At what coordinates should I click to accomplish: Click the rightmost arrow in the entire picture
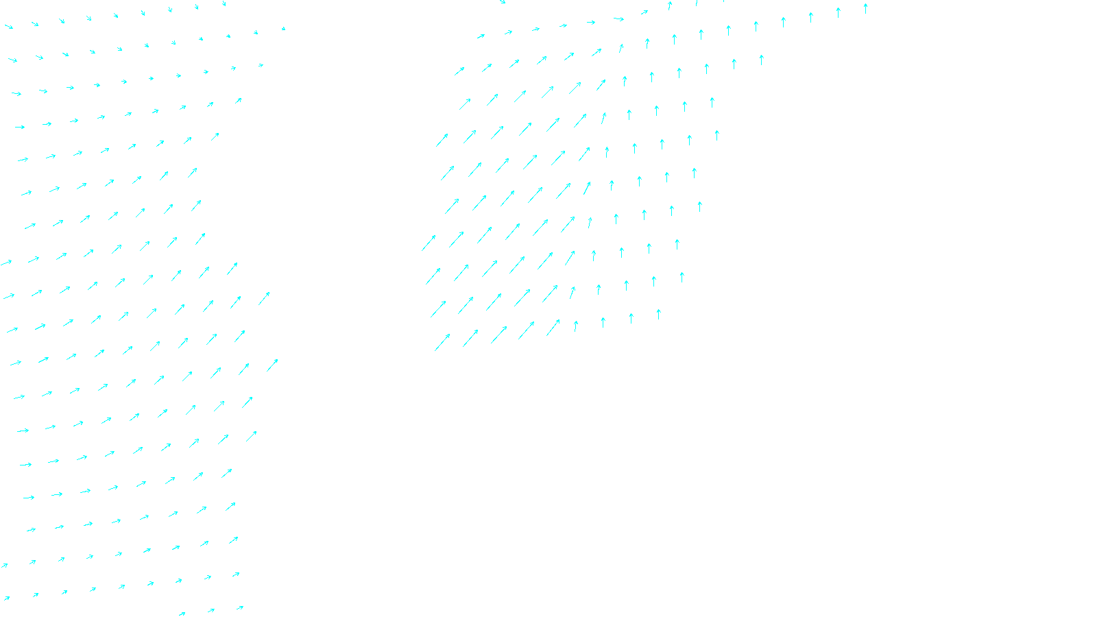pos(865,8)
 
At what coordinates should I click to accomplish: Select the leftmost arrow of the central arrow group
pos(429,243)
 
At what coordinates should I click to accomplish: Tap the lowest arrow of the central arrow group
pos(442,342)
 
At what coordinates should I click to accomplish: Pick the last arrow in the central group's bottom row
pos(658,315)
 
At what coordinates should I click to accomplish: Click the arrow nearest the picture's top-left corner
pos(9,27)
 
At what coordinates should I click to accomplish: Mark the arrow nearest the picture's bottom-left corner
pos(6,598)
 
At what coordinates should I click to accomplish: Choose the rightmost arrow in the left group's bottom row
pos(239,607)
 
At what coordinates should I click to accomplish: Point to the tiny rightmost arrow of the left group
pos(283,29)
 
